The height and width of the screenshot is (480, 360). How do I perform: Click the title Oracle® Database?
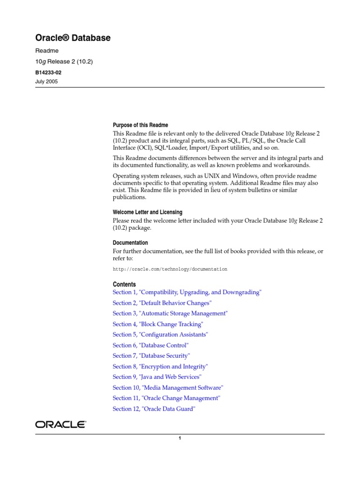(x=73, y=38)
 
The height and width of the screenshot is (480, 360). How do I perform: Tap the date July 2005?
(x=47, y=81)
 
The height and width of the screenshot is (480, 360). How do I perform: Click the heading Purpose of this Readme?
(x=140, y=125)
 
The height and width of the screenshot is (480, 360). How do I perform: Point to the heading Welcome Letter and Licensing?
(x=148, y=212)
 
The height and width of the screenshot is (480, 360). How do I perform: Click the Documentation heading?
(x=130, y=243)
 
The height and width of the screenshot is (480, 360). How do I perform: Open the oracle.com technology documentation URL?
(x=170, y=270)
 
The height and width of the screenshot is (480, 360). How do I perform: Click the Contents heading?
(x=124, y=285)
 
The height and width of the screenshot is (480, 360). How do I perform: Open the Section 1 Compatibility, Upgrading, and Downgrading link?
(x=187, y=292)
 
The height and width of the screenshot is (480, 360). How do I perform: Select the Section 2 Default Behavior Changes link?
(x=162, y=303)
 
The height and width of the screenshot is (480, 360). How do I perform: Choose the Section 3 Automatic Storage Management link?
(x=170, y=314)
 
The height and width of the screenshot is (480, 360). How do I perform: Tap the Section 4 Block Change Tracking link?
(x=158, y=324)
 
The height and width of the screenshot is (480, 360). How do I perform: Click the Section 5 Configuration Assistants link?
(x=160, y=335)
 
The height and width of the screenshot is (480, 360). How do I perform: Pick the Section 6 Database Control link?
(x=150, y=345)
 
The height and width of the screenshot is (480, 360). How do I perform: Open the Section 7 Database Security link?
(x=151, y=356)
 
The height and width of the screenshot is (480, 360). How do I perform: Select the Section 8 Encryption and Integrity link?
(x=160, y=367)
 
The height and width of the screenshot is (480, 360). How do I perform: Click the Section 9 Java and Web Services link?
(x=157, y=377)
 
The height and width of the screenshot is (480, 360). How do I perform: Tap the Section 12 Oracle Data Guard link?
(x=154, y=409)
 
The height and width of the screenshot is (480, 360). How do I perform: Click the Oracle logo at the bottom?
(x=60, y=425)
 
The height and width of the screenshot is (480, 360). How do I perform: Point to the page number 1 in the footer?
(x=180, y=439)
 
